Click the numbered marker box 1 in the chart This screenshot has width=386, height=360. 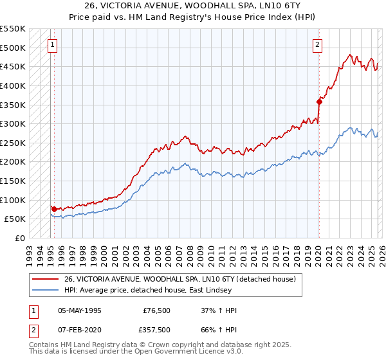tap(52, 45)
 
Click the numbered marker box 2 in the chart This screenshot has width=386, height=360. tap(318, 45)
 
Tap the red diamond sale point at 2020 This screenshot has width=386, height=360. tap(319, 101)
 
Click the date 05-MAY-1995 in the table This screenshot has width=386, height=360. tap(80, 310)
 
